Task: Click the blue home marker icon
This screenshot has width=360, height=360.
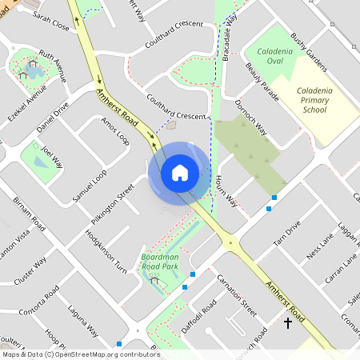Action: tap(179, 172)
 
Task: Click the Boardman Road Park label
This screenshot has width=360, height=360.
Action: tap(158, 261)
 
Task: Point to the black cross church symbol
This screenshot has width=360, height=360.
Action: tap(288, 323)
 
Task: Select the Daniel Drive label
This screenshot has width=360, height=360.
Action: tap(54, 117)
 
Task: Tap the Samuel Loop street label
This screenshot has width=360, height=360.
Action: tap(89, 185)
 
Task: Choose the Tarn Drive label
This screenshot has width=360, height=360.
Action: tap(286, 233)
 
